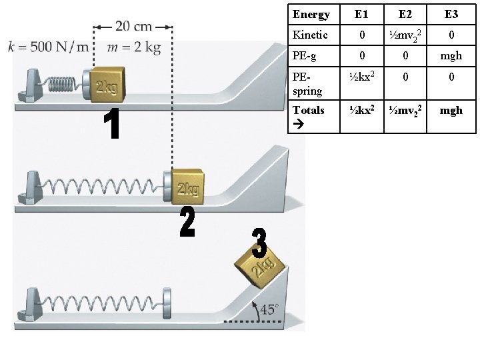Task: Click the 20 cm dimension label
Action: pos(133,27)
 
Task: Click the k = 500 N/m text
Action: pos(49,47)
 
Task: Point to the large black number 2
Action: pos(187,222)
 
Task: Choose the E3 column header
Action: pos(451,14)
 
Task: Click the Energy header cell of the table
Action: pos(311,14)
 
